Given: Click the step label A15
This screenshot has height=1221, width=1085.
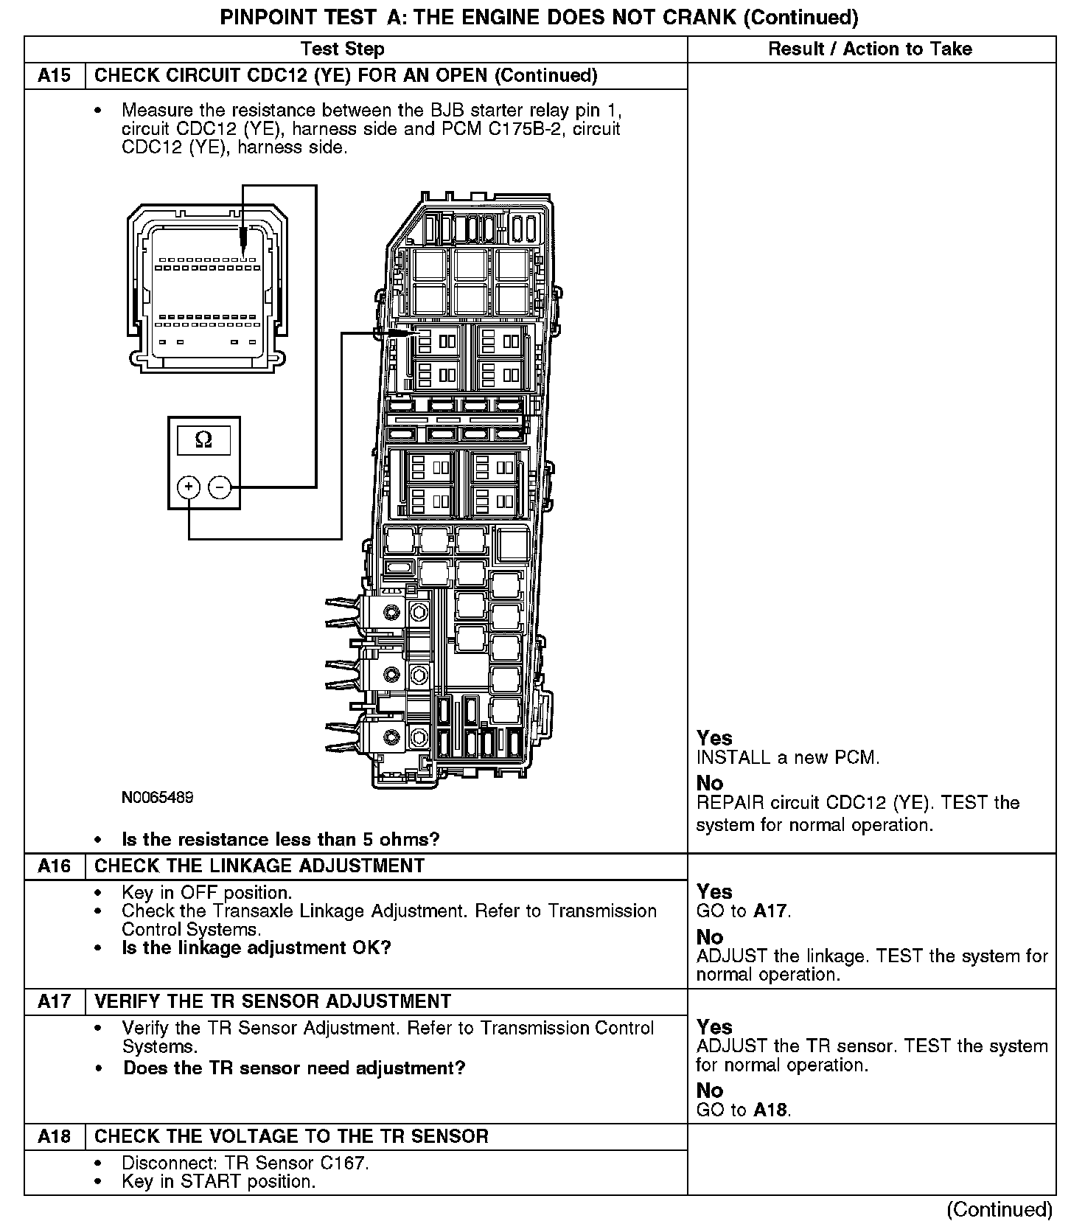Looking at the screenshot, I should (x=55, y=76).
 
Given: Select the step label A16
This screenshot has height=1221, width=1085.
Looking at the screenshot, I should (x=55, y=866).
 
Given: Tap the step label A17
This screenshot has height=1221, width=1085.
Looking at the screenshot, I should (x=55, y=1001).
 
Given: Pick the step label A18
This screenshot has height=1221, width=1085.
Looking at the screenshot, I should (x=55, y=1136).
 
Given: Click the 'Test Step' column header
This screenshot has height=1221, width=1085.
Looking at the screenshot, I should (x=342, y=49).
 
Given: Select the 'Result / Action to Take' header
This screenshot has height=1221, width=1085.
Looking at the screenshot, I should (x=870, y=49).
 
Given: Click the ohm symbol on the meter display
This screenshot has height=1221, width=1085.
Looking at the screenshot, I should (x=203, y=440).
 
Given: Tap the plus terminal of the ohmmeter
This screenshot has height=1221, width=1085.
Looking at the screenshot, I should (x=189, y=487).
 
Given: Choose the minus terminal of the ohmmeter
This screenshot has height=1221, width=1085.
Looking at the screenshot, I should (x=220, y=487).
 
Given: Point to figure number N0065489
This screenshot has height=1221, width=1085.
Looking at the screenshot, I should (x=158, y=797).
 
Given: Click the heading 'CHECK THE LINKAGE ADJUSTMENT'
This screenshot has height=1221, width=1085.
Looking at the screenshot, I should (x=259, y=866).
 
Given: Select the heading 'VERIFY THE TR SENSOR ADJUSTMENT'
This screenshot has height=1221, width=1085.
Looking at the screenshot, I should (x=273, y=1001).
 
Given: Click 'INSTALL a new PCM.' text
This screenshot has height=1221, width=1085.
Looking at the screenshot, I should (x=788, y=758).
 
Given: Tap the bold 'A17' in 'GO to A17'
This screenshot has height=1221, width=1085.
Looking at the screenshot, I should (x=771, y=911).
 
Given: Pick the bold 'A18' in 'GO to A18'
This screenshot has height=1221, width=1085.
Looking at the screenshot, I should (x=771, y=1110).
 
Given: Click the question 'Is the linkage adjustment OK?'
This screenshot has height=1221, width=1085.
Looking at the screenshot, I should (x=256, y=947).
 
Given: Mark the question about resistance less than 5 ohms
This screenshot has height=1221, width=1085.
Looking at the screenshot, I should (x=280, y=840).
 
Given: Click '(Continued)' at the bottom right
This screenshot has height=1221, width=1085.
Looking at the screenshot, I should (x=999, y=1210).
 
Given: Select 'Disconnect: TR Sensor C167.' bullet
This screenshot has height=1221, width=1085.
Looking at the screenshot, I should (x=245, y=1163).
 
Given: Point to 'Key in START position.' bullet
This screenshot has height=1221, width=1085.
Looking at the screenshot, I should (x=218, y=1182).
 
